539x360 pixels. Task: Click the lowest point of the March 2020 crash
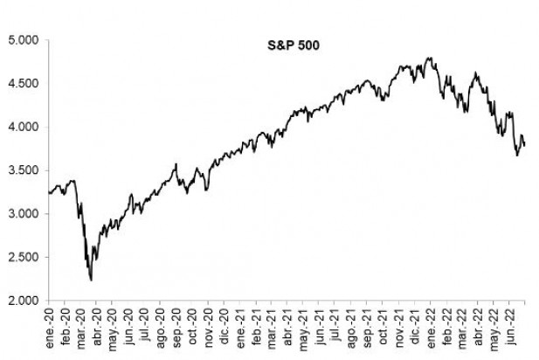(92, 280)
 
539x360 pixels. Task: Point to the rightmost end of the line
(525, 145)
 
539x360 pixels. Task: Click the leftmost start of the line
(49, 192)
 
